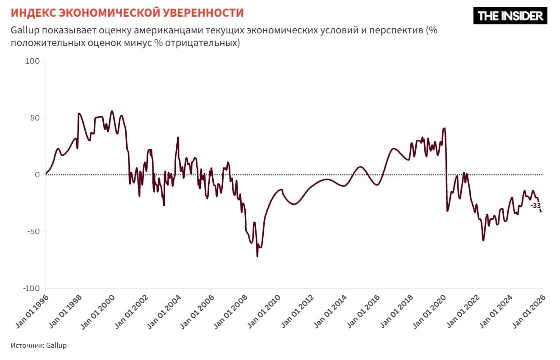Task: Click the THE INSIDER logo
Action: (x=510, y=16)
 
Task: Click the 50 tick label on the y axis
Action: (x=36, y=118)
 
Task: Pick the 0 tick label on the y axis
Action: (x=38, y=175)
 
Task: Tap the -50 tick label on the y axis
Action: (x=33, y=231)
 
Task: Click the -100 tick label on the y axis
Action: (x=31, y=288)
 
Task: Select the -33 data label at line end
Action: (x=535, y=206)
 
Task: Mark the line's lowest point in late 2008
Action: (x=257, y=256)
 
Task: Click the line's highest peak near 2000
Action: (x=112, y=111)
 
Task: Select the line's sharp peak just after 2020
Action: (x=445, y=128)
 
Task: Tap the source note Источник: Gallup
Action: (x=38, y=346)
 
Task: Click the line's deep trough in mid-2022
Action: (x=483, y=240)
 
